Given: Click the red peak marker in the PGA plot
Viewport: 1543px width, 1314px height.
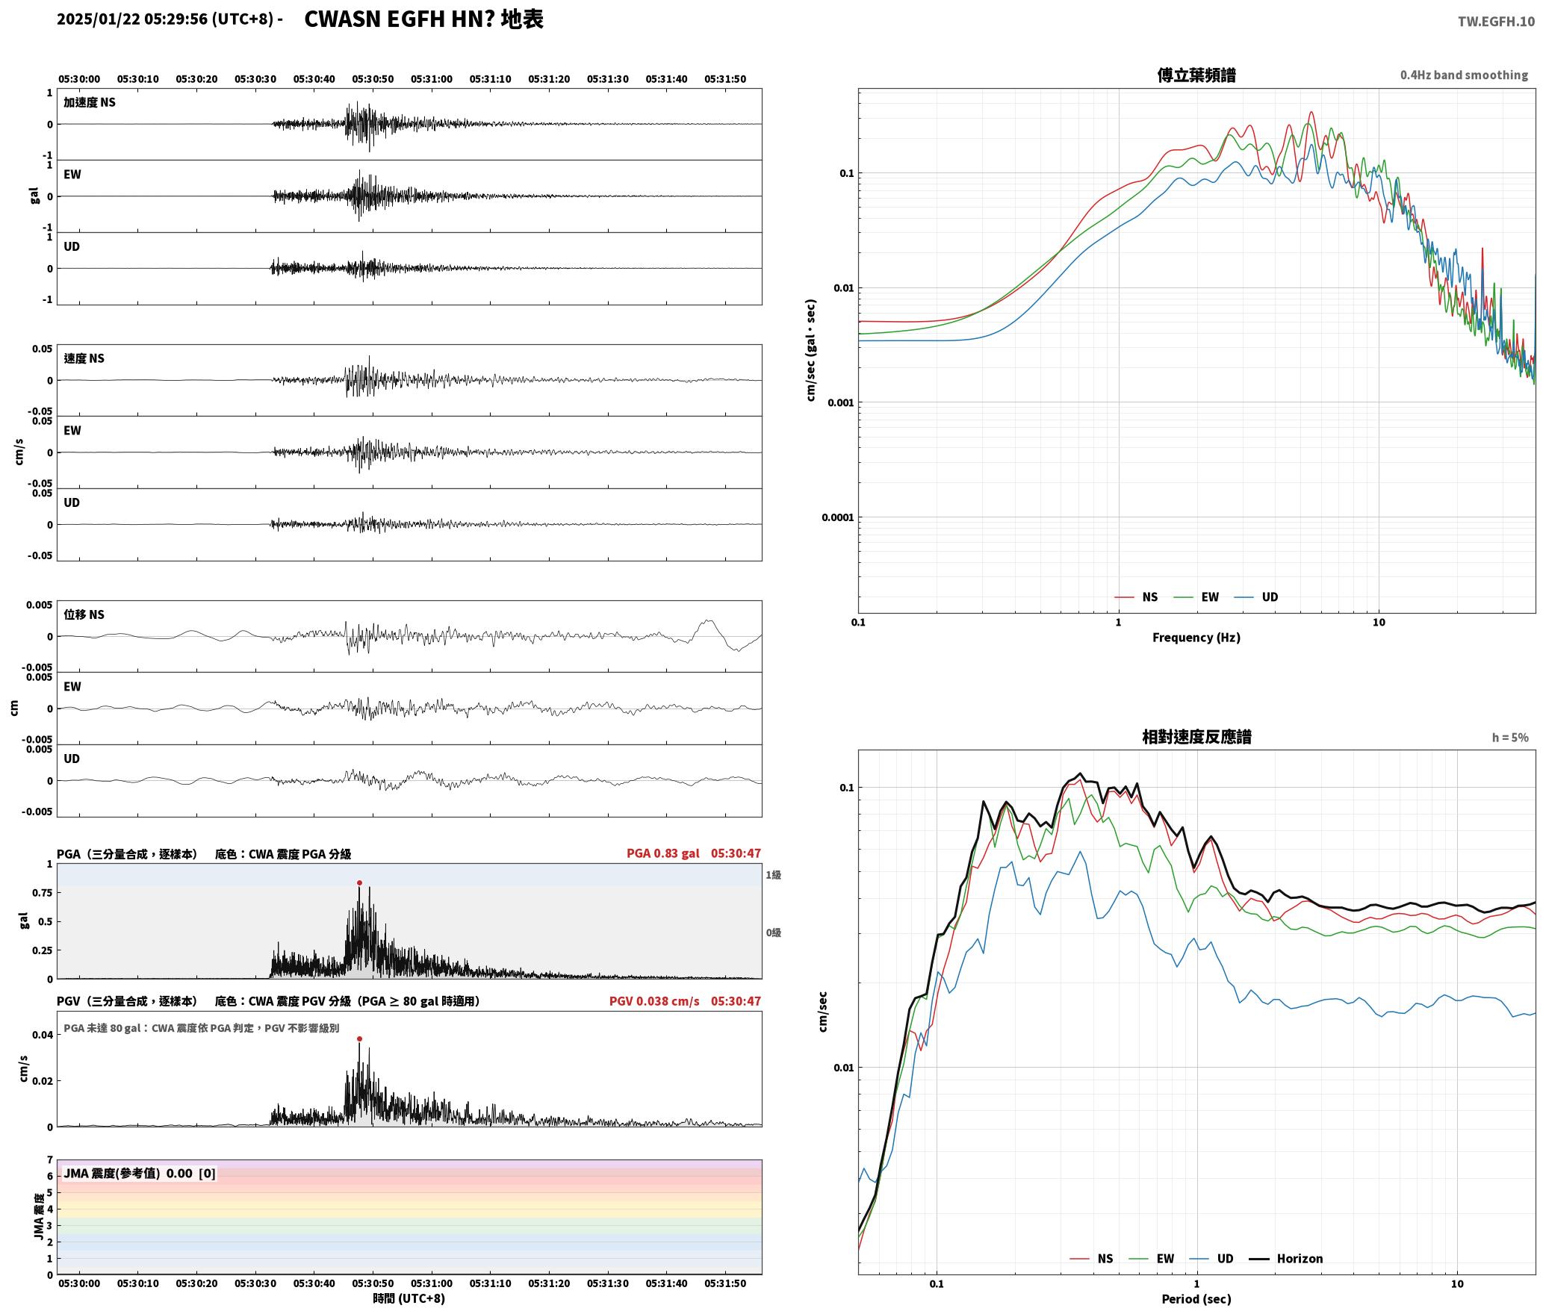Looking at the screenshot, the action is [359, 882].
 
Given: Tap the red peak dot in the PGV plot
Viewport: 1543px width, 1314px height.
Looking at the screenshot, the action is [359, 1039].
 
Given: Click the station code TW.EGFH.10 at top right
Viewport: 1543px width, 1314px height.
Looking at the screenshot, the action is [1496, 22].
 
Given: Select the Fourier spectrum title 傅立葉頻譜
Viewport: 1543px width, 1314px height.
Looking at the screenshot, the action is [1196, 75].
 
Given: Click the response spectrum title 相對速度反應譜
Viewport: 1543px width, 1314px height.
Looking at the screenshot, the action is [1196, 737].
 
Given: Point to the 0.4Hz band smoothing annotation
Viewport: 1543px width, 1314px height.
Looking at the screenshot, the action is [1464, 75].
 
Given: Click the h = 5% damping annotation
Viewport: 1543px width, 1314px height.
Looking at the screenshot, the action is [1510, 738].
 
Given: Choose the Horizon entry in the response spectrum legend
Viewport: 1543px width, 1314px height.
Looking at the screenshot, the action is [1286, 1259].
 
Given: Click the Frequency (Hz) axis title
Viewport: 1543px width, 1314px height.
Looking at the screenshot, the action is [1196, 638].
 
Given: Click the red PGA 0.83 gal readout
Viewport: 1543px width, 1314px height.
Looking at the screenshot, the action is [662, 853].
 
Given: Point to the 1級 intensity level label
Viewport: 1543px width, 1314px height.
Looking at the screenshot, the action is [773, 875].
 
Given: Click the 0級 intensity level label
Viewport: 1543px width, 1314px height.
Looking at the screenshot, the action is [773, 932].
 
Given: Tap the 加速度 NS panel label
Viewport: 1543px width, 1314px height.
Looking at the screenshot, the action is [90, 102].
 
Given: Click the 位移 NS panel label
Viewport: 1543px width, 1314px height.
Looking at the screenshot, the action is [84, 614].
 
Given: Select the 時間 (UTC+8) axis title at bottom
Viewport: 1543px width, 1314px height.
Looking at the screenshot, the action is [409, 1299].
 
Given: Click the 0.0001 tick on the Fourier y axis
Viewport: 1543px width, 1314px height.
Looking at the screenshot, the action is [837, 517].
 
